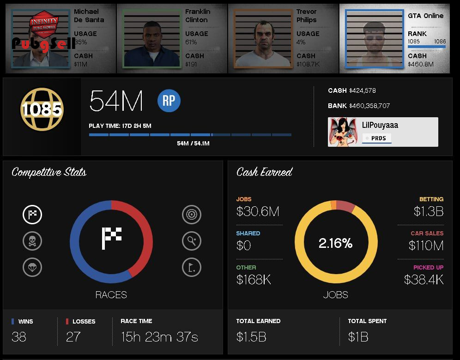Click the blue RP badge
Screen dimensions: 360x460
tap(169, 101)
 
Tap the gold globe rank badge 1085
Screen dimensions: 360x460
tap(42, 109)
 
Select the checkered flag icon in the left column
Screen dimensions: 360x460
tap(32, 214)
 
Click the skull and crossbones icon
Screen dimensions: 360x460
tap(32, 240)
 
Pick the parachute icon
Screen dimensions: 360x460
tap(32, 267)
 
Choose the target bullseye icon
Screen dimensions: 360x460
tap(192, 214)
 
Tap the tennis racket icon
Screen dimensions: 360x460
tap(192, 240)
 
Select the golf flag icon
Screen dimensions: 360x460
tap(192, 267)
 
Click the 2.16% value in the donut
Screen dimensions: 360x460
tap(335, 243)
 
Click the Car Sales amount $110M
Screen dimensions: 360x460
tap(426, 246)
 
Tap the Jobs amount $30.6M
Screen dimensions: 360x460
tap(258, 211)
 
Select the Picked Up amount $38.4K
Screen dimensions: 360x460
tap(424, 279)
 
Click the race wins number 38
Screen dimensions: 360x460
tap(19, 337)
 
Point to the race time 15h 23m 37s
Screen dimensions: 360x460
tap(159, 337)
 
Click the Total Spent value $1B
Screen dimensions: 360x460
tap(358, 337)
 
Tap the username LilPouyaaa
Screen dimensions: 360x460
tap(380, 125)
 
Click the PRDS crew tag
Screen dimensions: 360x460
tap(378, 138)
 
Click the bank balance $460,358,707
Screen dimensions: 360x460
tap(369, 106)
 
